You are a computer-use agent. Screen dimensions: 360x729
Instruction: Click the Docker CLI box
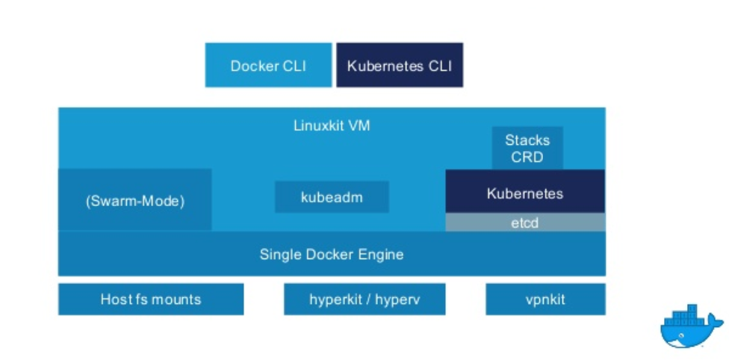[x=268, y=65]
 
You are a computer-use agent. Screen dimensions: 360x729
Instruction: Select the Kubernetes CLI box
[x=400, y=65]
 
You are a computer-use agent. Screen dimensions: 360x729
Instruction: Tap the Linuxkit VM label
[x=332, y=125]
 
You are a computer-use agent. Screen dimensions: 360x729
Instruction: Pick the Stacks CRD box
[x=527, y=148]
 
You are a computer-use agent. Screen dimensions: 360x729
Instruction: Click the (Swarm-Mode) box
[x=135, y=200]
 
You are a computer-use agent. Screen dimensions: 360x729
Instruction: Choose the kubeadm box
[x=332, y=197]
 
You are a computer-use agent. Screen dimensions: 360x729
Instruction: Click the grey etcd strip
[x=525, y=223]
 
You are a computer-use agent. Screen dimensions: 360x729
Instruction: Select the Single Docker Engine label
[x=332, y=254]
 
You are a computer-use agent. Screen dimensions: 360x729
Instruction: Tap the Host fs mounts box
[x=151, y=300]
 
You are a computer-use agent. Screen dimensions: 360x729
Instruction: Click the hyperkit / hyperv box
[x=364, y=300]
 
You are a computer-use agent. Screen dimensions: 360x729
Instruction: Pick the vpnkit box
[x=545, y=300]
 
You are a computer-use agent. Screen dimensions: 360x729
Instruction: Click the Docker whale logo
[x=691, y=326]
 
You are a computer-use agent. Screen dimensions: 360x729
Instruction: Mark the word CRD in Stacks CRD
[x=527, y=157]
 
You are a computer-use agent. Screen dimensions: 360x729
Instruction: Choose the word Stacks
[x=527, y=140]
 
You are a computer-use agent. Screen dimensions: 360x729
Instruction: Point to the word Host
[x=116, y=300]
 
